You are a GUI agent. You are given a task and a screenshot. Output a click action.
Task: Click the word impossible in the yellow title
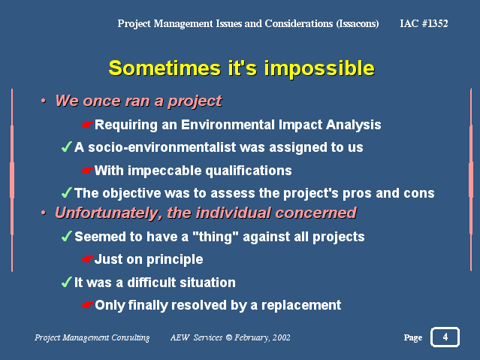coord(319,69)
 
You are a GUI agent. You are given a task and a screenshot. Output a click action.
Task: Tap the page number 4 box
coord(445,337)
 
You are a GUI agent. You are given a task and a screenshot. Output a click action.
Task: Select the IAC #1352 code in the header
coord(424,23)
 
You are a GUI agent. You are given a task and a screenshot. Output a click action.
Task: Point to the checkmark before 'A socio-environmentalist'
coord(67,147)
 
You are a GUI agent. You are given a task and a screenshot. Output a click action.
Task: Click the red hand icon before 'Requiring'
coord(87,125)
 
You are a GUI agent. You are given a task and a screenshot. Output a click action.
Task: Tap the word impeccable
coord(165,171)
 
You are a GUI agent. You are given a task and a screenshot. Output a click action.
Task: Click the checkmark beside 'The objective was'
coord(67,192)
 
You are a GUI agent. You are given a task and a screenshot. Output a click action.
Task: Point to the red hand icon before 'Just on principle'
coord(87,259)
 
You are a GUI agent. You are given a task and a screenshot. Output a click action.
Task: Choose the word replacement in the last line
coord(301,305)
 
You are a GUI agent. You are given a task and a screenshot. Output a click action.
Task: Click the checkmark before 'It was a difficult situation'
coord(67,282)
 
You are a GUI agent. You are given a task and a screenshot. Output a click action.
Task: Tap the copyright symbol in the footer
coord(228,337)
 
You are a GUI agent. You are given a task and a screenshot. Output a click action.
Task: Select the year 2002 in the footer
coord(281,337)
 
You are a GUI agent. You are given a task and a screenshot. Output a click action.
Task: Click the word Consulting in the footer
coord(131,337)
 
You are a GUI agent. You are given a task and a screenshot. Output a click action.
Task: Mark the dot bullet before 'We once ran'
coord(44,101)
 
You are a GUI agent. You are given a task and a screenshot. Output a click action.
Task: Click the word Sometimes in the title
coord(165,68)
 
